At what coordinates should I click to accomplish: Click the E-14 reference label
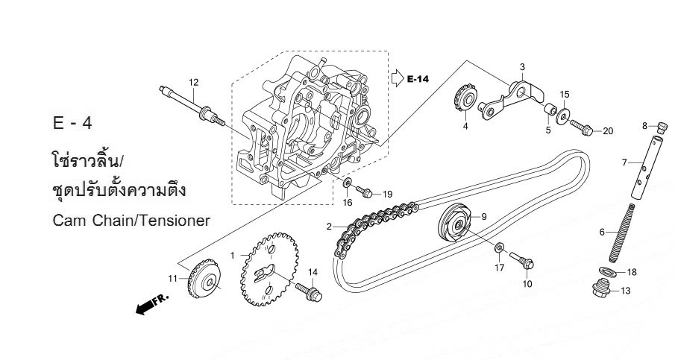[x=418, y=79]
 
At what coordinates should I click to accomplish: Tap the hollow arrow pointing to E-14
[x=398, y=78]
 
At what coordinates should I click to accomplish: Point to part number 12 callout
[x=194, y=82]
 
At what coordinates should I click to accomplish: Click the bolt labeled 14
[x=309, y=291]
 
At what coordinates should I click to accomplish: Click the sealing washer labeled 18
[x=607, y=271]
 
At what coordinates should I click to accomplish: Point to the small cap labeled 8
[x=662, y=127]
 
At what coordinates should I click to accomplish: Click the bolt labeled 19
[x=364, y=192]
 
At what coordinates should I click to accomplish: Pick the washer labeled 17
[x=500, y=247]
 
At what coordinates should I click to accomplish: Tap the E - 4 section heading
[x=72, y=124]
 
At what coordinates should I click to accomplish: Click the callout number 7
[x=624, y=162]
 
